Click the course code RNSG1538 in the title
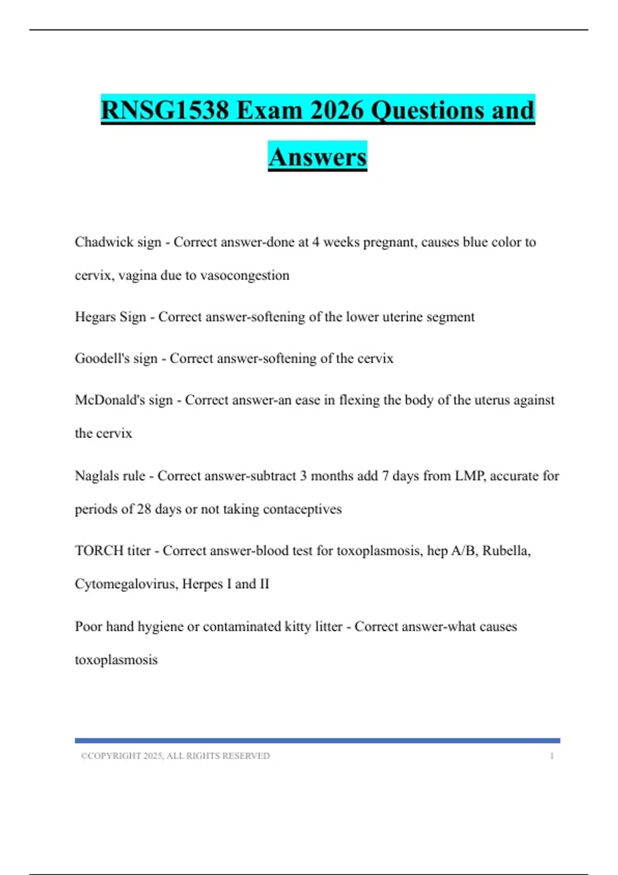coord(165,111)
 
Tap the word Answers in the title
coord(317,157)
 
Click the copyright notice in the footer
coord(175,756)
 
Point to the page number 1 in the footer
coord(552,756)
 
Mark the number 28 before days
coord(144,509)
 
